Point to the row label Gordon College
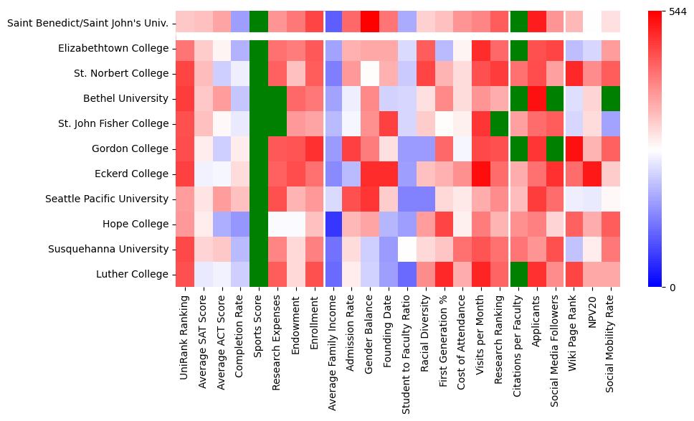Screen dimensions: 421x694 pyautogui.click(x=131, y=148)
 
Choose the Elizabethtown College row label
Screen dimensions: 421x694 pyautogui.click(x=114, y=48)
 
